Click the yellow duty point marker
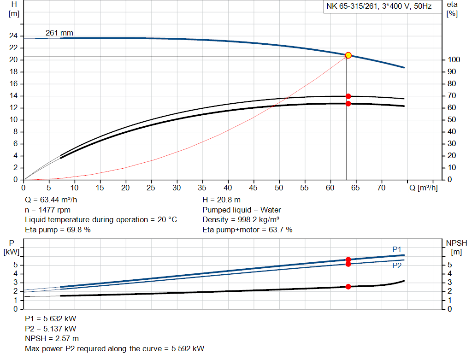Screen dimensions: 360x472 348,55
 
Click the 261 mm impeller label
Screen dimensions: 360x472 59,33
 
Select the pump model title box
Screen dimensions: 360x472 379,7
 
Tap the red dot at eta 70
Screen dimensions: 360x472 348,96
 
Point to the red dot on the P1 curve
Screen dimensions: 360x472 348,260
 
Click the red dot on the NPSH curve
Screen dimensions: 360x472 348,287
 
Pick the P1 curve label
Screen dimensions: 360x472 397,249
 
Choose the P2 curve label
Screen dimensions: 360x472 397,266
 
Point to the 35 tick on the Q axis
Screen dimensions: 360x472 202,188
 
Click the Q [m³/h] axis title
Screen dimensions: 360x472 423,188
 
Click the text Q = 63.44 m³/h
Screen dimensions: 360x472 51,200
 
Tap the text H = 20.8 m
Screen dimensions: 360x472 221,200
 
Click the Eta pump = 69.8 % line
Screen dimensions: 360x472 58,230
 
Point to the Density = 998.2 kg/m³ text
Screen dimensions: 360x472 242,219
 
